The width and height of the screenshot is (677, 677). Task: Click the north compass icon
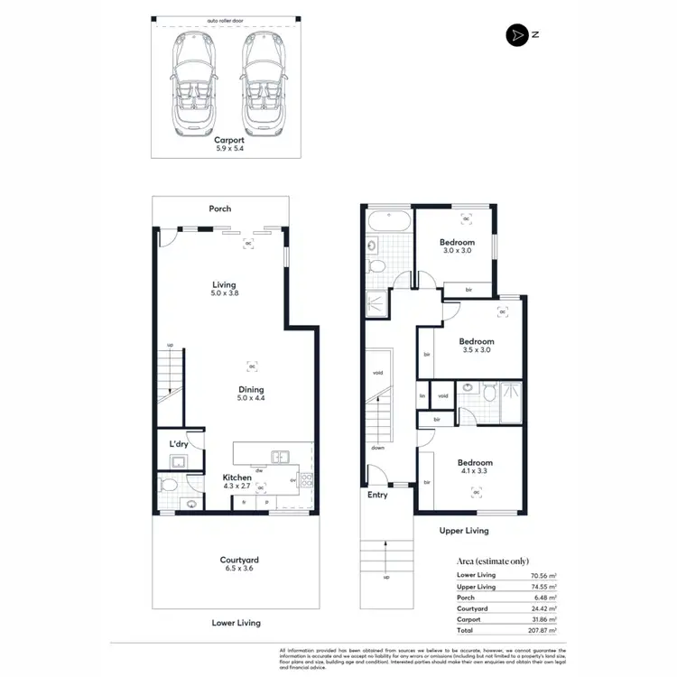516,34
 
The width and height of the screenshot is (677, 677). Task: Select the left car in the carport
190,82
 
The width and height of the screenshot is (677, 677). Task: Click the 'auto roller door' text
226,19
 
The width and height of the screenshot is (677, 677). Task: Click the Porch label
220,209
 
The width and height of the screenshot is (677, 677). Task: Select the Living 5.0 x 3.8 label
225,289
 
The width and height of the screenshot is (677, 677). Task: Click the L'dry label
179,445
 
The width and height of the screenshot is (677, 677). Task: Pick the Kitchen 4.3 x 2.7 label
237,482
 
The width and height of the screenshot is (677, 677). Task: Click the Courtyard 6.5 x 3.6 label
235,564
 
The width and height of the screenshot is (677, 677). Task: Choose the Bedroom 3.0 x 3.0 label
457,246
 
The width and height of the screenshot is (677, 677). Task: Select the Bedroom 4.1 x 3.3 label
475,466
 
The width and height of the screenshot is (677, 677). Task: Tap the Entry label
376,496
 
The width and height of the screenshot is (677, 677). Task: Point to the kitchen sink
283,456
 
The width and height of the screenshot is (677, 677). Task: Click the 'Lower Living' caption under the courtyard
236,623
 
